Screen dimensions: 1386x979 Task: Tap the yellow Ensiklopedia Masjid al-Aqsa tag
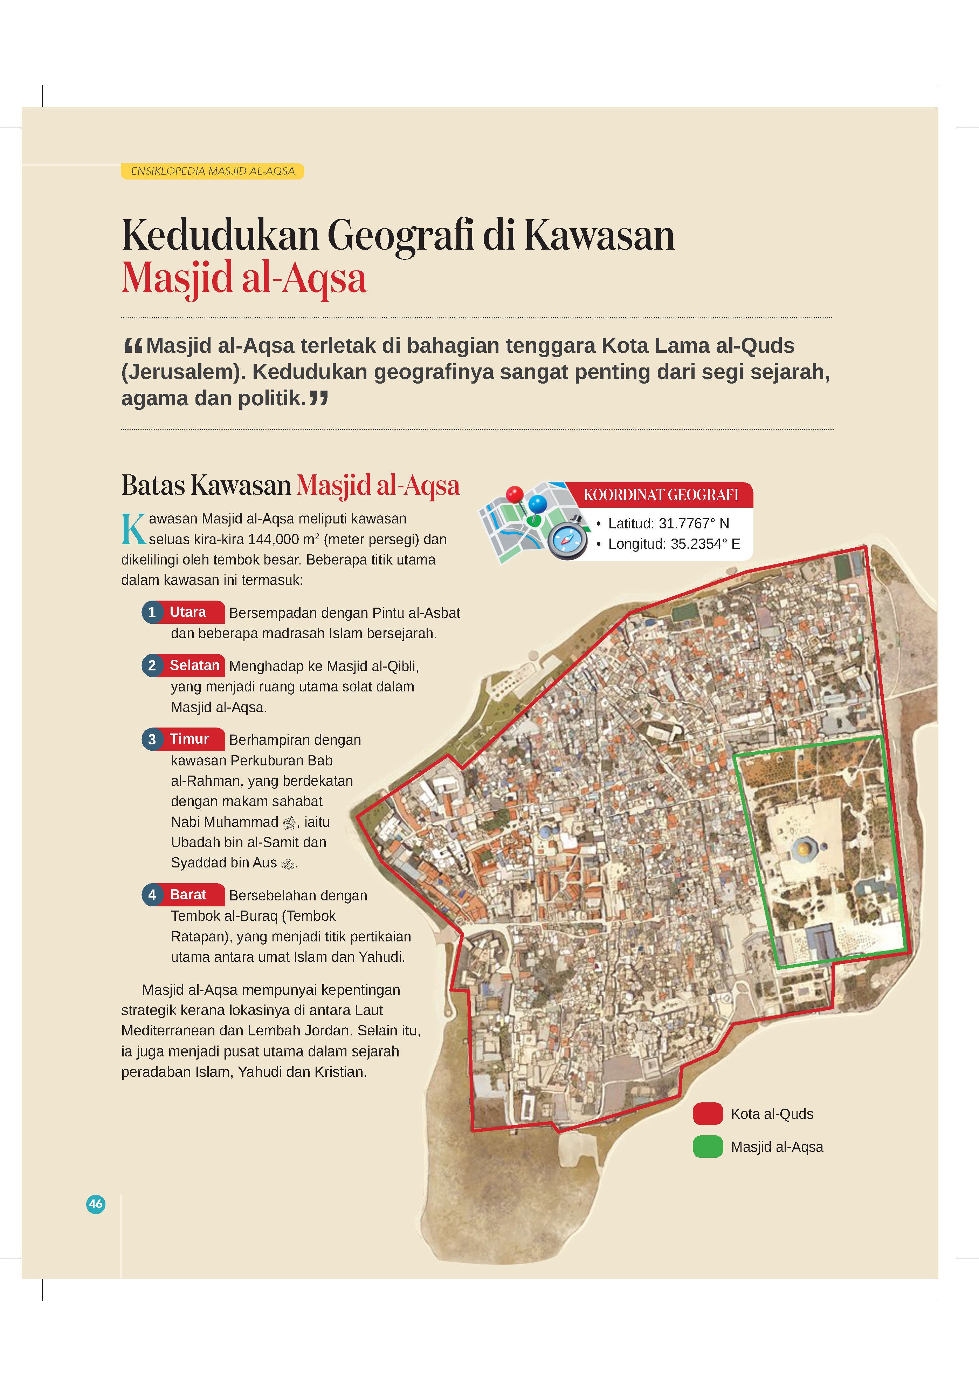212,171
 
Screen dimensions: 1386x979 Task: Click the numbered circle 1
152,612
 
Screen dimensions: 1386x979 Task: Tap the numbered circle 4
152,895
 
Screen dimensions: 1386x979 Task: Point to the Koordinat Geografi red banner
661,495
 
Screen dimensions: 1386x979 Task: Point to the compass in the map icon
567,539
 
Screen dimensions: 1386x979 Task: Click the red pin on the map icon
515,495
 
